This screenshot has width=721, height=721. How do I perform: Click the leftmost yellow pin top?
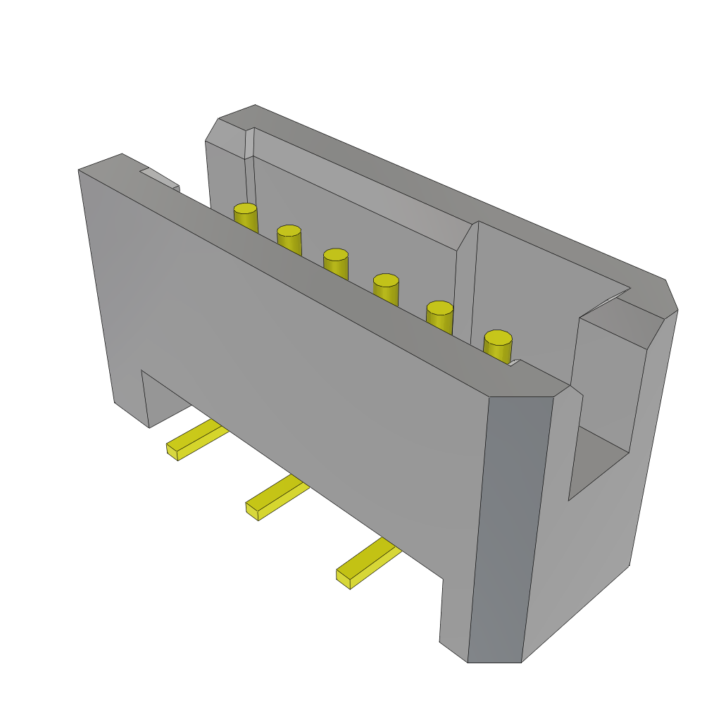(x=245, y=210)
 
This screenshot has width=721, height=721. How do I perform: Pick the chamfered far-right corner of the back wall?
(x=670, y=296)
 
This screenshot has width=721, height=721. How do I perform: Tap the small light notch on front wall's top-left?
(x=161, y=177)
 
